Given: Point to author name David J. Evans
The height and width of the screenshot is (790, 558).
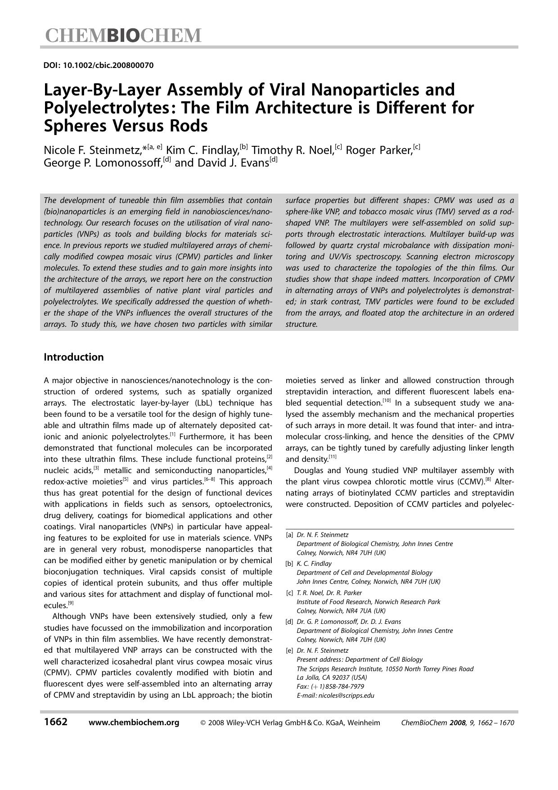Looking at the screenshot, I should pyautogui.click(x=221, y=163).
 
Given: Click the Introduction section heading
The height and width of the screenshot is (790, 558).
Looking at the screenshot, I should pyautogui.click(x=73, y=357).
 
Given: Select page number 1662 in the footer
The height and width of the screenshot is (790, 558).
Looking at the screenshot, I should pyautogui.click(x=56, y=722).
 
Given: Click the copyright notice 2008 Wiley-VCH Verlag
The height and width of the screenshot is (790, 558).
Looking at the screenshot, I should pyautogui.click(x=290, y=723).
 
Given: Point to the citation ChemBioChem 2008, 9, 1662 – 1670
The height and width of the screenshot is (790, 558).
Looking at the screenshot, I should pyautogui.click(x=457, y=723).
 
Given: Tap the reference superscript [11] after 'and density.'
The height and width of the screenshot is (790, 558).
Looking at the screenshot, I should pyautogui.click(x=333, y=457).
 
